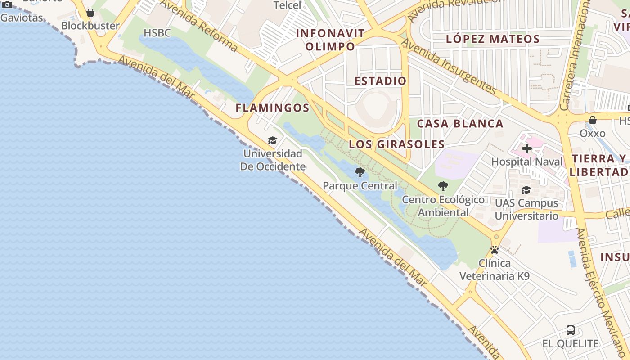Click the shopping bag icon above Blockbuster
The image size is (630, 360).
[90, 13]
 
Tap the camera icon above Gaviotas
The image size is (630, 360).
[7, 5]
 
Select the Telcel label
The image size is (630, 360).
[287, 5]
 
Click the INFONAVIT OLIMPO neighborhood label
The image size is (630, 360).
[330, 40]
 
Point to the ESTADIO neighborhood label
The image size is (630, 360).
[380, 81]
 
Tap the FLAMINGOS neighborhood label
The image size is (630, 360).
[273, 108]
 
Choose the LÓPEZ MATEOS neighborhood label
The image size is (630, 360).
[493, 39]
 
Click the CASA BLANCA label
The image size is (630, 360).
[460, 124]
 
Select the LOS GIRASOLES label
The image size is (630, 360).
[397, 144]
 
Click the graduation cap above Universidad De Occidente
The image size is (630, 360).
[272, 141]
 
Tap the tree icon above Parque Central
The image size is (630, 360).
[360, 172]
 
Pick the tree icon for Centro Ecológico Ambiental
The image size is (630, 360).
[443, 186]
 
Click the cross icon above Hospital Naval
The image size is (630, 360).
[526, 148]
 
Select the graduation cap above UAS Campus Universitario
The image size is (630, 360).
[526, 190]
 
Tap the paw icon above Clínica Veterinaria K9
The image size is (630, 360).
[495, 250]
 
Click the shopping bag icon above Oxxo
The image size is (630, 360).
[593, 120]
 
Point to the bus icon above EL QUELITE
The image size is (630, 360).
[571, 330]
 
